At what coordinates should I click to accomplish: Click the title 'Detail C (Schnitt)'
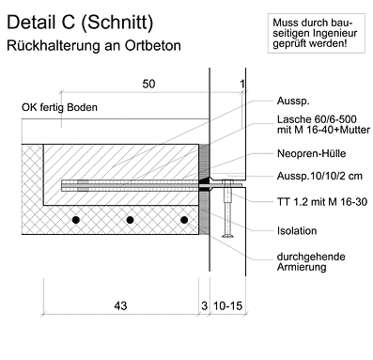click(80, 23)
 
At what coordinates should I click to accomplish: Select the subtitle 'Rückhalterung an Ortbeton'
click(94, 45)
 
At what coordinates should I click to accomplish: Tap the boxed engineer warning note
click(317, 33)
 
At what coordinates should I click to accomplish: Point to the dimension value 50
click(148, 84)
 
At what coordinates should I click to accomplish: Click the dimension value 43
click(120, 305)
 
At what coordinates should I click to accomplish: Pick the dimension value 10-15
click(228, 305)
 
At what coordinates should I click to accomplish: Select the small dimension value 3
click(204, 305)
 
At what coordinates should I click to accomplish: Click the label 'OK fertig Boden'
click(59, 107)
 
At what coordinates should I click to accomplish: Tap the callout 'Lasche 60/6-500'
click(317, 119)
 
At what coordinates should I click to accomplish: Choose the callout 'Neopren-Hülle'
click(311, 153)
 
